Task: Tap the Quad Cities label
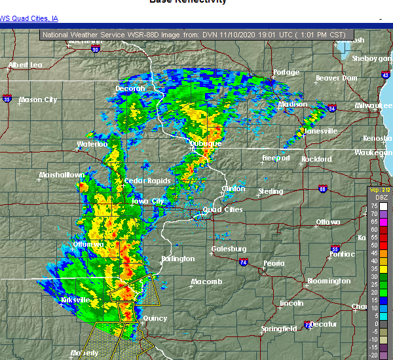click(223, 210)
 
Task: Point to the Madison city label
click(293, 105)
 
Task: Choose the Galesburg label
click(229, 249)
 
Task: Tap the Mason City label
click(38, 100)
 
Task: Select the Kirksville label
click(75, 300)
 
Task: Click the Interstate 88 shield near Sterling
click(323, 189)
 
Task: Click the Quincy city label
click(154, 319)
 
